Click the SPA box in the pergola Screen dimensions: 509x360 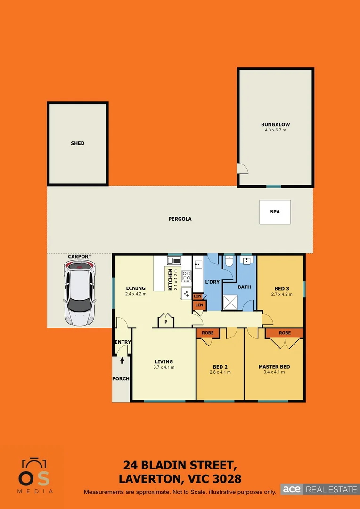pos(275,212)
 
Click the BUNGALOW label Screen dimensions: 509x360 pos(276,125)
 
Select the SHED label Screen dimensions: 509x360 pos(78,143)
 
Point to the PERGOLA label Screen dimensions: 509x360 pos(180,219)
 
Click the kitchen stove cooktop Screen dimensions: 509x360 pos(187,276)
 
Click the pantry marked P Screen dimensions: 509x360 pos(166,322)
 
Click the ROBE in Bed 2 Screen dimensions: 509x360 pos(208,333)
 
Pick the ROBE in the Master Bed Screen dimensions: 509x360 pos(285,333)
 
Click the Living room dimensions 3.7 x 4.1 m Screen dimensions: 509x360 pos(164,367)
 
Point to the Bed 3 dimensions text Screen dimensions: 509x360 pos(282,294)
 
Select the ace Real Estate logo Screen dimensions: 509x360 pos(319,489)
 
